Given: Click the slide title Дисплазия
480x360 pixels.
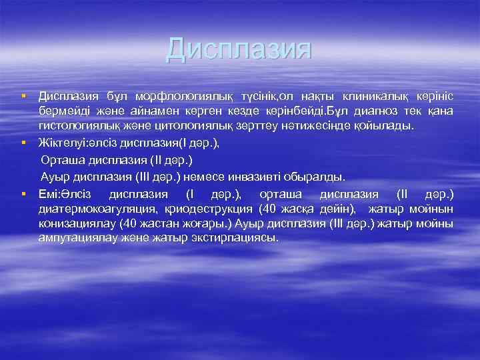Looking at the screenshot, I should coord(239,50).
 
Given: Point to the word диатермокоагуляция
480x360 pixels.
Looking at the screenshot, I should coord(93,209).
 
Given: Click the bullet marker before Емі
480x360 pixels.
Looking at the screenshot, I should coord(23,195).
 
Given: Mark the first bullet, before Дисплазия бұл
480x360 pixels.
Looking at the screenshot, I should coord(23,97).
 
